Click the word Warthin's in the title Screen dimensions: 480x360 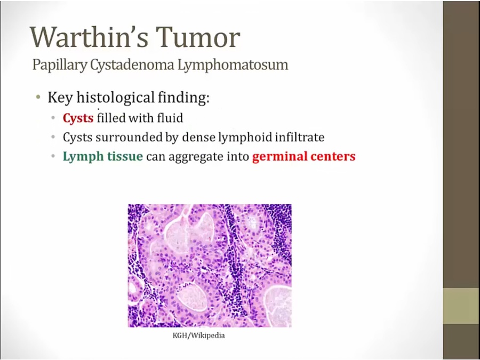coord(88,37)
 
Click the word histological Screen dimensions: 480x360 coord(115,98)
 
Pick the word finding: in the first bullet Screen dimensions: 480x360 coord(183,98)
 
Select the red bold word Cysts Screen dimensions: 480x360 coord(78,118)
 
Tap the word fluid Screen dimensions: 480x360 coord(170,117)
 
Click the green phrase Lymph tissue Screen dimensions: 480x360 coord(103,156)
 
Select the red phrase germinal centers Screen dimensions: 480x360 coord(304,156)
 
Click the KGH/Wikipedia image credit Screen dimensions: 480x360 coord(199,335)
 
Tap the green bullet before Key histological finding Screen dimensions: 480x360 coord(38,98)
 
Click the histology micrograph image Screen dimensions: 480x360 coord(210,266)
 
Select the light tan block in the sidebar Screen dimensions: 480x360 coord(461,306)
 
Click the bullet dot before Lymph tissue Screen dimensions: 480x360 coord(53,156)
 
